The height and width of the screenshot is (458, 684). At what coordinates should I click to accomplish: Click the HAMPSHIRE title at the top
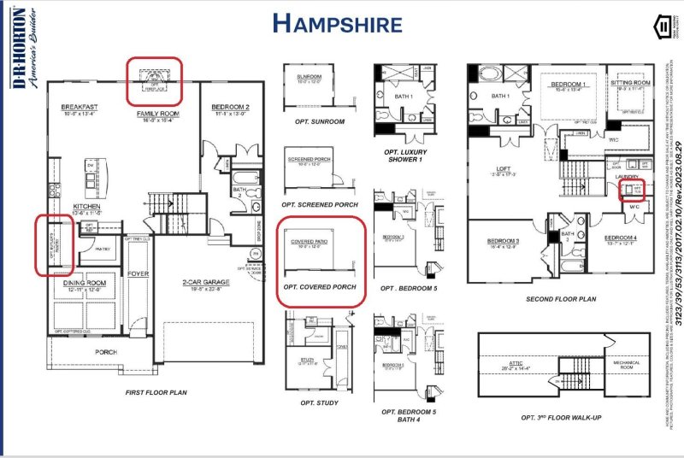[337, 23]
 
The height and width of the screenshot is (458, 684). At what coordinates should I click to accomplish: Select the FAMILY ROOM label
[158, 113]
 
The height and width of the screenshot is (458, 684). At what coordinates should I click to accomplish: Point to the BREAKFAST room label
[80, 108]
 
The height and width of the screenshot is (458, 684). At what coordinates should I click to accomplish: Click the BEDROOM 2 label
[229, 108]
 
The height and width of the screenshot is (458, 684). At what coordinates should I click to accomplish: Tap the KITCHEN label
[87, 207]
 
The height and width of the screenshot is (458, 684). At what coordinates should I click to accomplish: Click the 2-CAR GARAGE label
[203, 283]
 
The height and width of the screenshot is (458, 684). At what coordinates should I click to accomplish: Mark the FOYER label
[139, 274]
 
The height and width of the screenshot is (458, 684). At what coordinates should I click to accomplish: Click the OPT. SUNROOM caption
[314, 122]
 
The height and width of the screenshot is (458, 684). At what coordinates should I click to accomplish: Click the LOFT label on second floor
[504, 168]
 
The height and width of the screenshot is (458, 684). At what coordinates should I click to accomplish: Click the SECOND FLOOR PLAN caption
[560, 300]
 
